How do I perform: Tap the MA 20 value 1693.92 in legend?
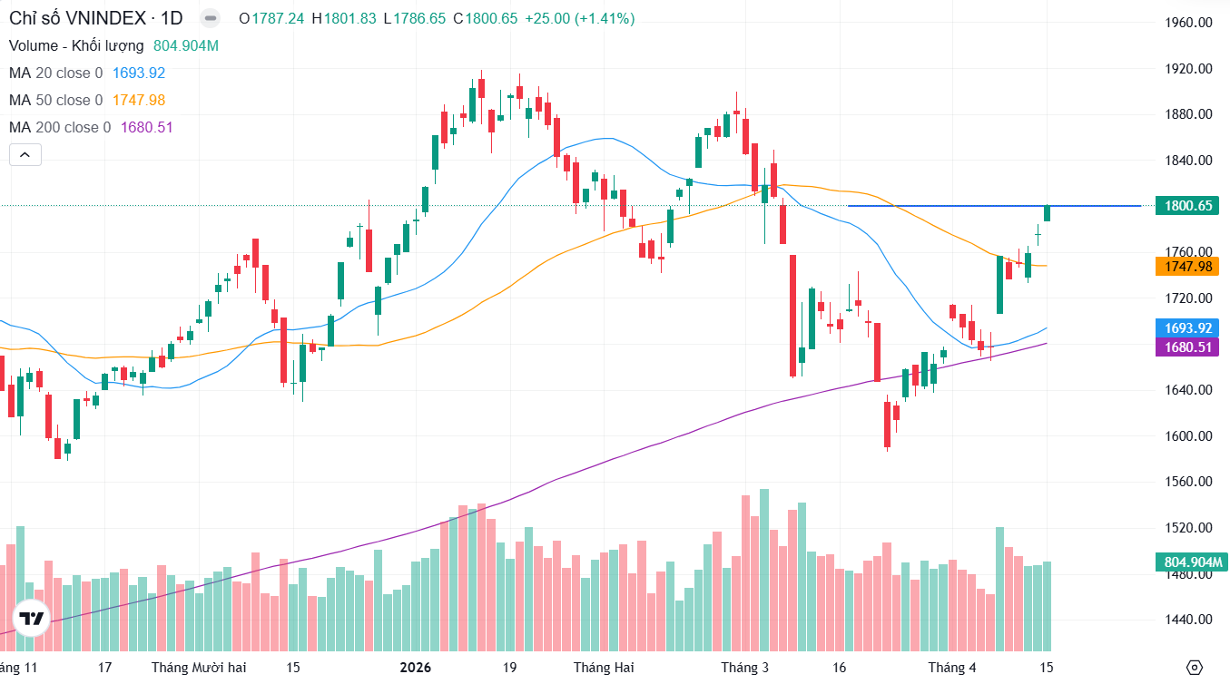(138, 73)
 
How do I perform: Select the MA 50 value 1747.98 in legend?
(138, 100)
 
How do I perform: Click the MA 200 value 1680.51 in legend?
(146, 127)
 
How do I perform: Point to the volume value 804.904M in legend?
(186, 45)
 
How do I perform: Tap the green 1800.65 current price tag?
(1188, 206)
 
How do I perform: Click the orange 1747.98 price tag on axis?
(1188, 266)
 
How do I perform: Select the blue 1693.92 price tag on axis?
(1188, 327)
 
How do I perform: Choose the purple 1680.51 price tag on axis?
(1188, 347)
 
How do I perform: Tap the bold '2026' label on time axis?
(416, 668)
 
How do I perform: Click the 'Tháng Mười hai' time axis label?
(199, 668)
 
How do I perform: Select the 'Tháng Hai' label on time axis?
(604, 668)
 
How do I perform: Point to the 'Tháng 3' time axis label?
(744, 668)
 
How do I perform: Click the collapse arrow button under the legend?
(25, 155)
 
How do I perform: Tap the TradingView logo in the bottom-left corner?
(32, 620)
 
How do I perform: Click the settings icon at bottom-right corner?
(1195, 668)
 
